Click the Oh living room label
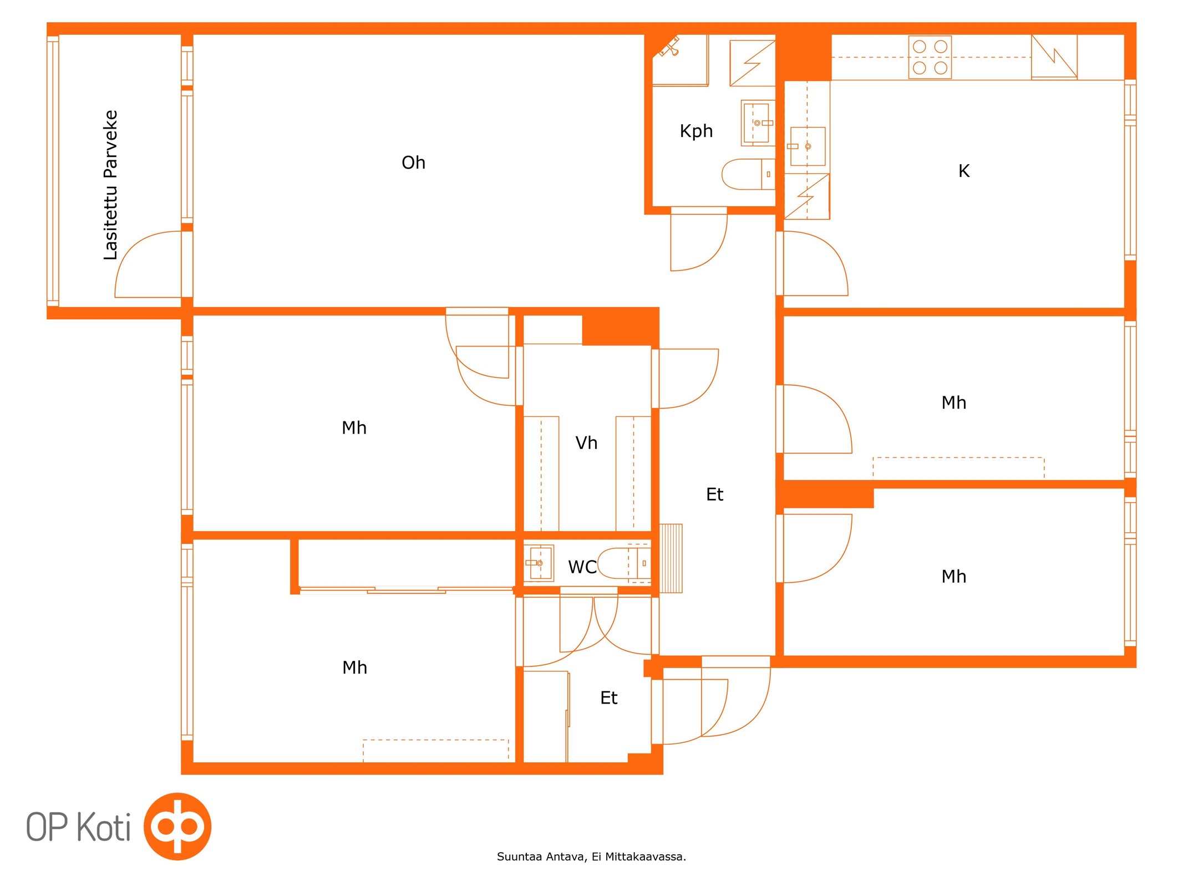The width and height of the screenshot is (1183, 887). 413,162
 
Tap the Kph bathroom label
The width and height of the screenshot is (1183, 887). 696,131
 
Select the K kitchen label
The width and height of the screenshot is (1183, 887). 964,171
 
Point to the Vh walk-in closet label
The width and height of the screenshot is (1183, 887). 586,442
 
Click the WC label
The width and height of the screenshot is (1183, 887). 582,567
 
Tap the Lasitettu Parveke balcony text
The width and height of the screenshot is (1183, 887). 111,185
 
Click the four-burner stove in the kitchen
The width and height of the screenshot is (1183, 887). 930,57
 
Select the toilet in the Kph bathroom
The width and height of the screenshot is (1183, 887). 748,174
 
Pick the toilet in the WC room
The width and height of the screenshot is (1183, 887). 624,563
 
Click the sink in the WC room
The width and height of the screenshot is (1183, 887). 539,563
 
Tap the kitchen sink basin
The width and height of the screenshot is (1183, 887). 808,146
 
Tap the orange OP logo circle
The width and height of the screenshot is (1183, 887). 177,827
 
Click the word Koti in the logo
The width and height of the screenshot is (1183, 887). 103,827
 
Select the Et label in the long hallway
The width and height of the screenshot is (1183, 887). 714,494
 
